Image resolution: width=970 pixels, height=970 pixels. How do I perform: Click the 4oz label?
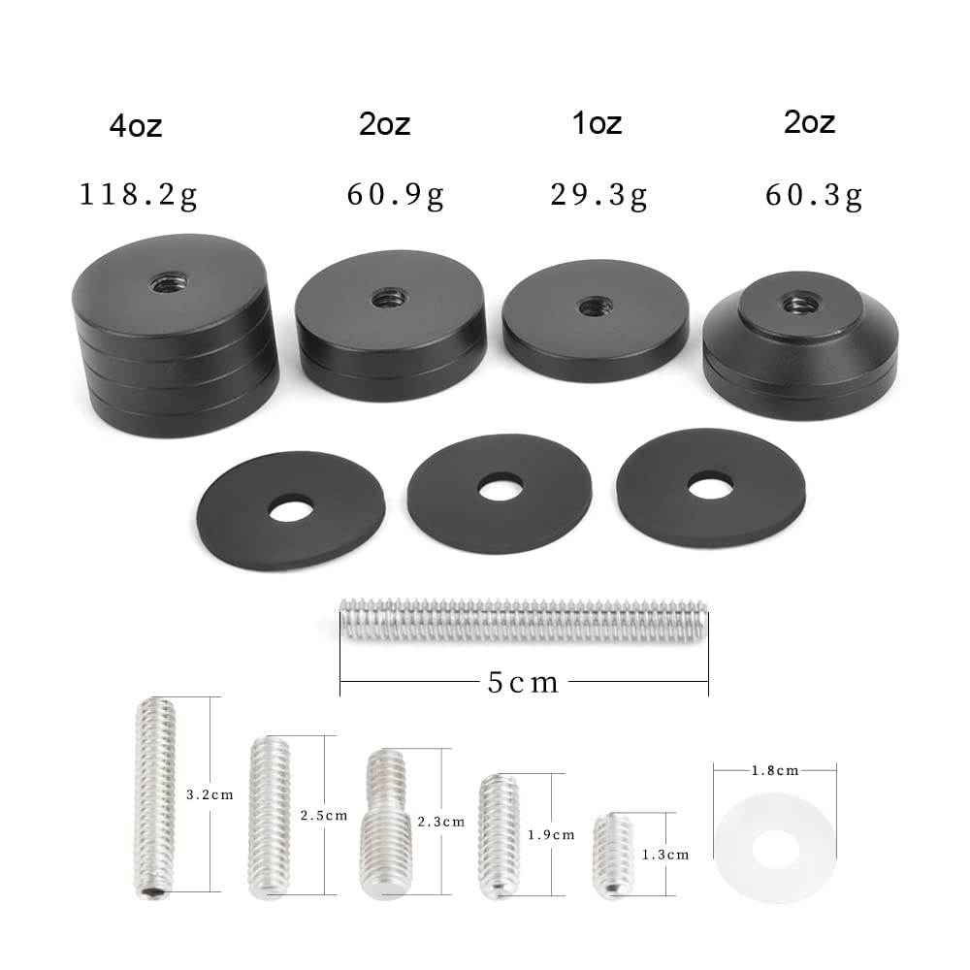coord(136,126)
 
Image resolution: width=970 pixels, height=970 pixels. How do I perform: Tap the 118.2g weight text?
coord(139,196)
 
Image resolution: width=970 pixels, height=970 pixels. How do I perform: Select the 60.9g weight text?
coord(396,196)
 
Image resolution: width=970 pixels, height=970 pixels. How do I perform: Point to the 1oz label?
coord(597,123)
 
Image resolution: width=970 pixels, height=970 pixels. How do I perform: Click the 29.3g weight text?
coord(598,196)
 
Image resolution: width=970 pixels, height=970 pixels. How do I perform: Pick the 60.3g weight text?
coord(814,196)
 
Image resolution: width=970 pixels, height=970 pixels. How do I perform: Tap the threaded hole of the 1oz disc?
coord(595,306)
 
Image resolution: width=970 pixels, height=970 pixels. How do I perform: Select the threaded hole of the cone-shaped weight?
coord(800,304)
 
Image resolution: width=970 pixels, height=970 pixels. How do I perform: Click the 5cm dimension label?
coord(524,682)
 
